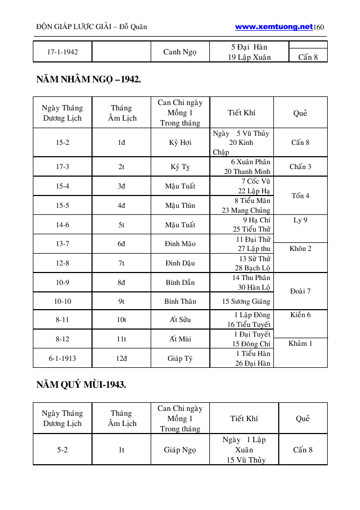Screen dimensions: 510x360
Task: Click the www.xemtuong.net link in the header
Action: pyautogui.click(x=274, y=26)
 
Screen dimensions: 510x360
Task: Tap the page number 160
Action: pyautogui.click(x=319, y=27)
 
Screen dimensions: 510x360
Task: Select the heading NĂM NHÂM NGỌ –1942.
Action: pyautogui.click(x=89, y=80)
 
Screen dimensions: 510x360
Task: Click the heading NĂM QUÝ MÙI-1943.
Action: pyautogui.click(x=81, y=385)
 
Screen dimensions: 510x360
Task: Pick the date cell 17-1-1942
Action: pyautogui.click(x=62, y=52)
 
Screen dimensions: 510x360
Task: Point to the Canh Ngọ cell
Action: pyautogui.click(x=180, y=52)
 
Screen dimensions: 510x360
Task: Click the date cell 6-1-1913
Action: pyautogui.click(x=62, y=358)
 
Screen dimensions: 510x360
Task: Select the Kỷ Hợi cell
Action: pyautogui.click(x=180, y=143)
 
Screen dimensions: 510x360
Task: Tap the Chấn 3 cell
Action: pyautogui.click(x=300, y=166)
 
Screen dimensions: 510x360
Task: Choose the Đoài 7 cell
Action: pyautogui.click(x=300, y=291)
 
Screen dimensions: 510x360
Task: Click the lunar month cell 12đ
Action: pyautogui.click(x=122, y=358)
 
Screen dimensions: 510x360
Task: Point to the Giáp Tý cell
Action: pyautogui.click(x=180, y=358)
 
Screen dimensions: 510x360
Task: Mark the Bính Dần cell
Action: pyautogui.click(x=180, y=282)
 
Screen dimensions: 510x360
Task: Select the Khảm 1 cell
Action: pyautogui.click(x=300, y=344)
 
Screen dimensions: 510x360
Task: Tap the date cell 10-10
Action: pyautogui.click(x=62, y=301)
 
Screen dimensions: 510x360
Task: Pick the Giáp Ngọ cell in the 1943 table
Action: pyautogui.click(x=180, y=450)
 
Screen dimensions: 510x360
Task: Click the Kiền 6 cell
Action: pyautogui.click(x=300, y=315)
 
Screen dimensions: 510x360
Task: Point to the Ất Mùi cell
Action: pyautogui.click(x=180, y=339)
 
